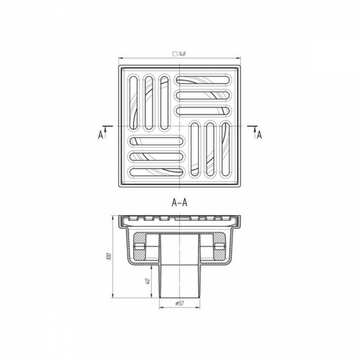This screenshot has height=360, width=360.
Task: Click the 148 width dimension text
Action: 182,54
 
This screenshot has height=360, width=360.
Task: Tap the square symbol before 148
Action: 175,54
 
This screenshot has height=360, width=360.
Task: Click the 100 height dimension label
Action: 109,256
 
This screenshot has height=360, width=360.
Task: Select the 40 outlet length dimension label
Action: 148,281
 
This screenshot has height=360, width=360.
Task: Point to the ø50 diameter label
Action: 179,303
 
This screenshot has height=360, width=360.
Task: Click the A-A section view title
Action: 179,203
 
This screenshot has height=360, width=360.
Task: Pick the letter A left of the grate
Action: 100,135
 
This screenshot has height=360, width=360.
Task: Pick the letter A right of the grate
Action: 259,135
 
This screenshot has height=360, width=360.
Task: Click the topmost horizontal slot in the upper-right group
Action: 203,80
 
